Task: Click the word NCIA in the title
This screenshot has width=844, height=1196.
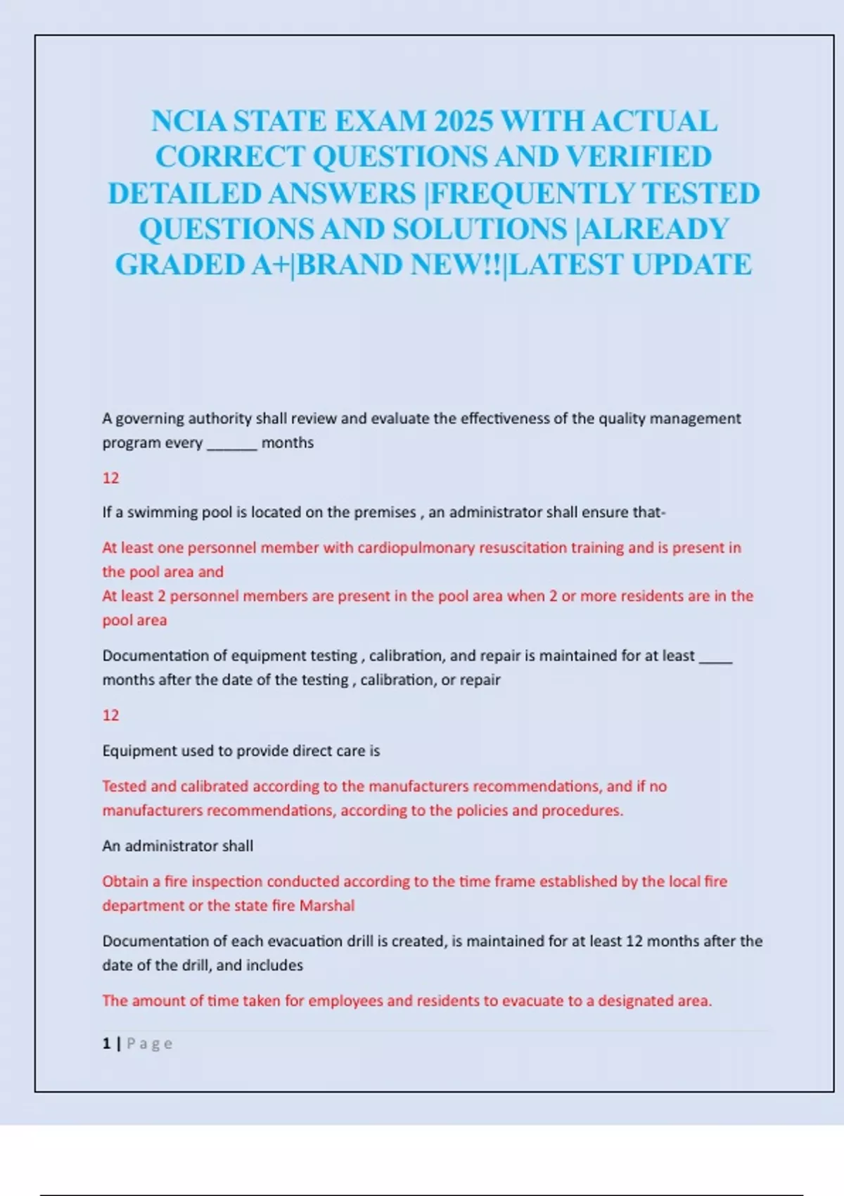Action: [x=189, y=122]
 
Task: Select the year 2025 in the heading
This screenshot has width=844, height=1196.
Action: [x=463, y=122]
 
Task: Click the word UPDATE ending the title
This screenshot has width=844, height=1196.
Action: [x=692, y=265]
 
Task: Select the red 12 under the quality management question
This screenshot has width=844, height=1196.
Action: [x=110, y=478]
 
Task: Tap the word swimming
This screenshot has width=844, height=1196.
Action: [x=163, y=513]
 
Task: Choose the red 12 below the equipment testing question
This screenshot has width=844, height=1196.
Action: [x=110, y=715]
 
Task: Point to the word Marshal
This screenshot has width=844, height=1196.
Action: [x=327, y=905]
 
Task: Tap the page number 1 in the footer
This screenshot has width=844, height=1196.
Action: [x=106, y=1044]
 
